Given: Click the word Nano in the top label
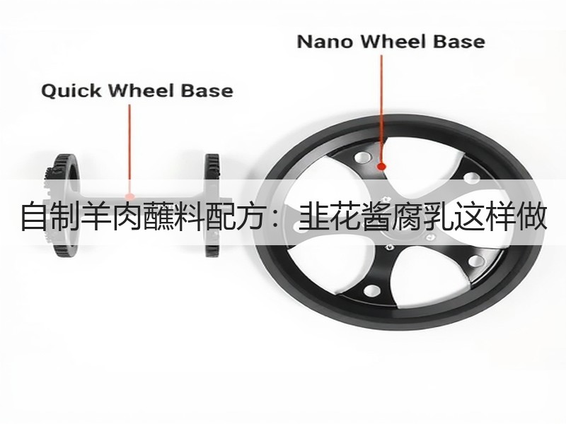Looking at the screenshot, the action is pos(325,42).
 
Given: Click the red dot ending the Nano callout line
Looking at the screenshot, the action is pos(381,166).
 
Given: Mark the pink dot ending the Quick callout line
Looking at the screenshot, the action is pos(129,196).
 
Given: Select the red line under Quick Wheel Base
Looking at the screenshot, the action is pos(129,148).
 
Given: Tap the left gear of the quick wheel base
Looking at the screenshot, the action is pos(64,206).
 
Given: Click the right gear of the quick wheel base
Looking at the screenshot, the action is pos(212,206).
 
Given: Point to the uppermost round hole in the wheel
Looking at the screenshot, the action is pos(362,157).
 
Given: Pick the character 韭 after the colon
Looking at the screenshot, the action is pos(313,217).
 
